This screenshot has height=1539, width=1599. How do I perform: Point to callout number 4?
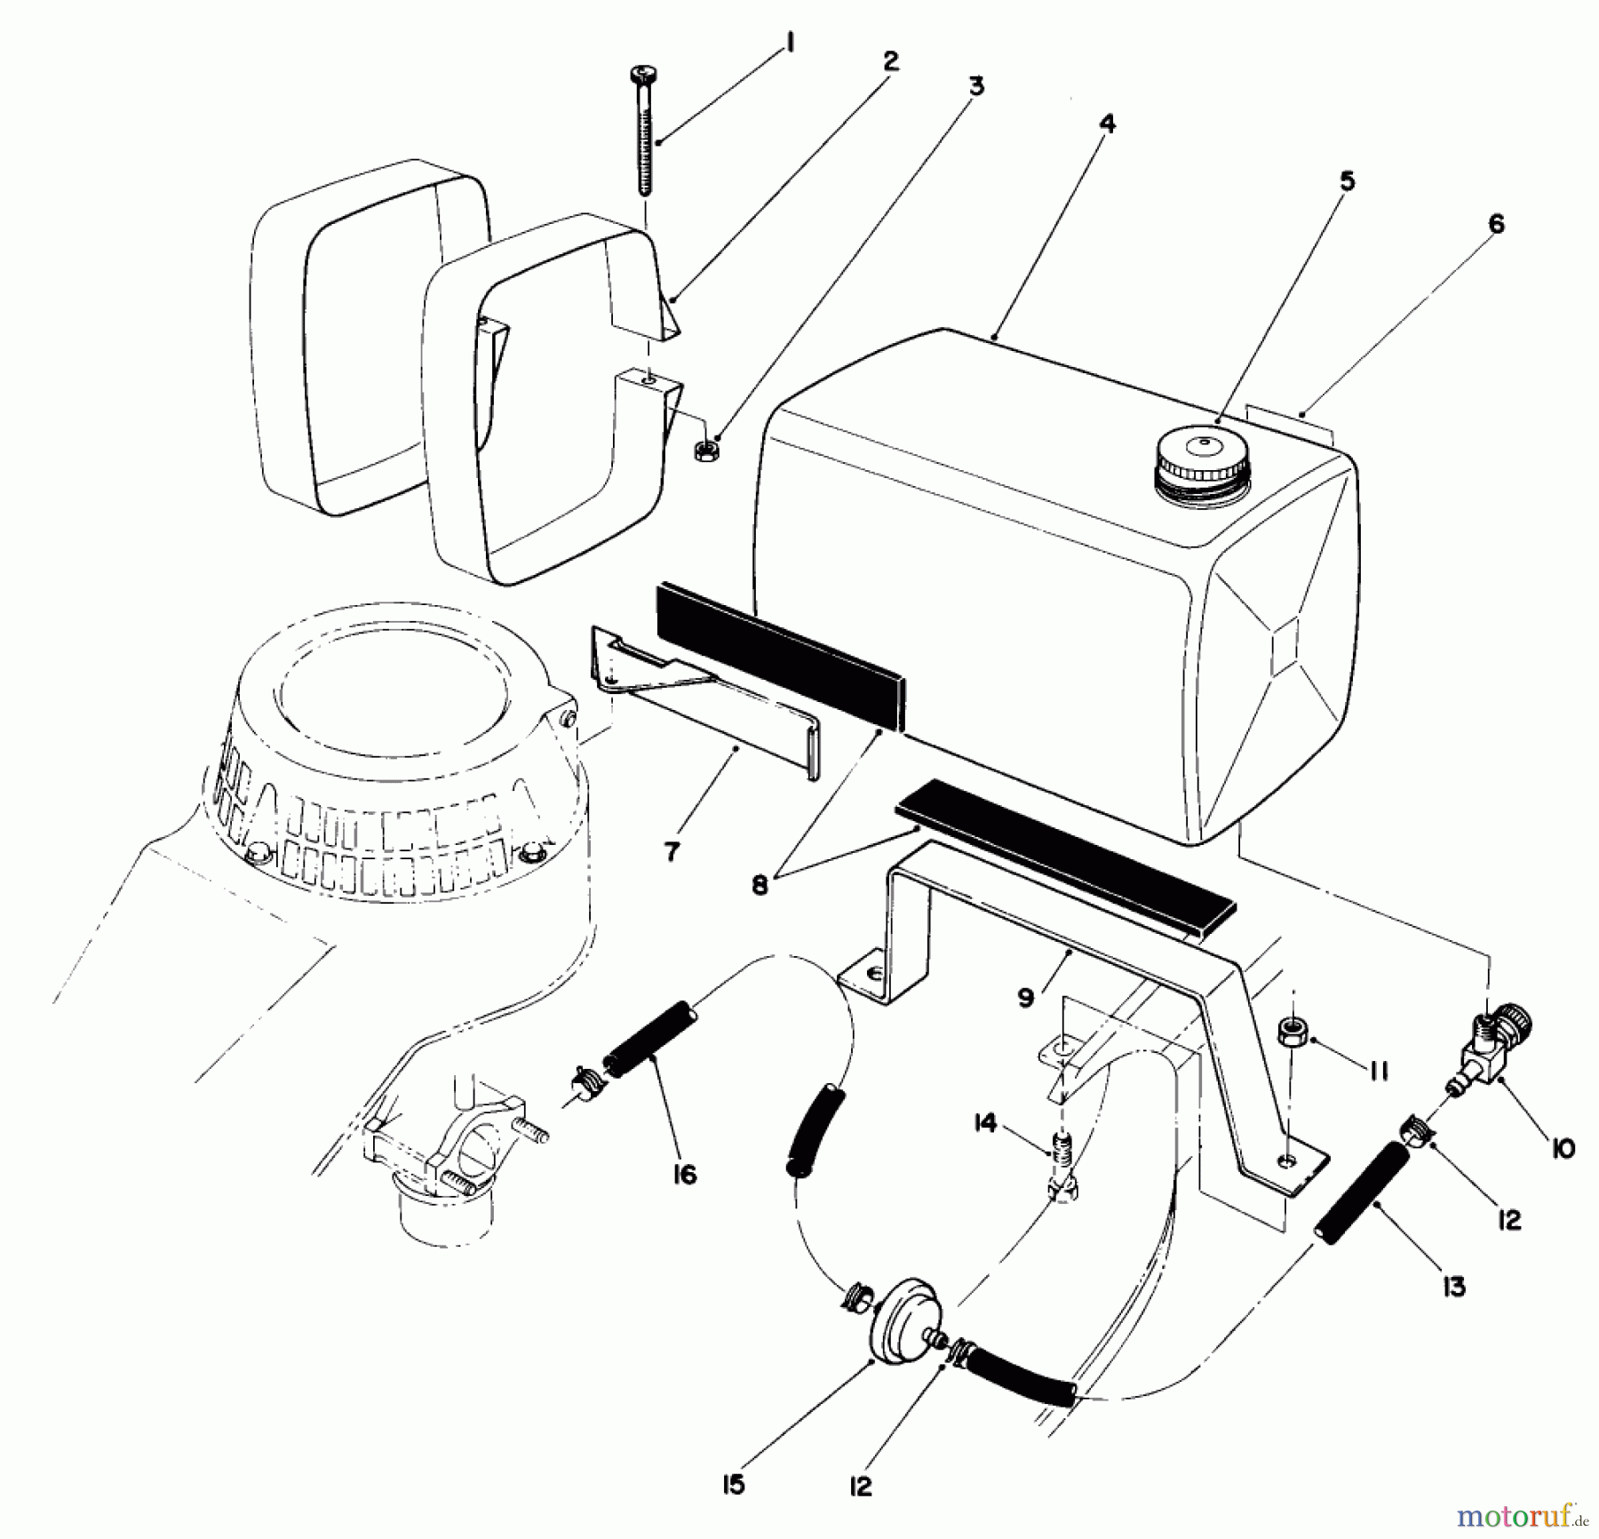(1106, 124)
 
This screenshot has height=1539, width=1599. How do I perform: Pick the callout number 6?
(1497, 225)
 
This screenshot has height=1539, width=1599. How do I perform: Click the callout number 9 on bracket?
(1026, 997)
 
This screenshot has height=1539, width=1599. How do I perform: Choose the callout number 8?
(760, 886)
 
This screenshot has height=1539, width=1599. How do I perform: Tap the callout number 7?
(672, 852)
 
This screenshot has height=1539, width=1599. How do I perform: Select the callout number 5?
(1347, 182)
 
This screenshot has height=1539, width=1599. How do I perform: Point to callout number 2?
(889, 61)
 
